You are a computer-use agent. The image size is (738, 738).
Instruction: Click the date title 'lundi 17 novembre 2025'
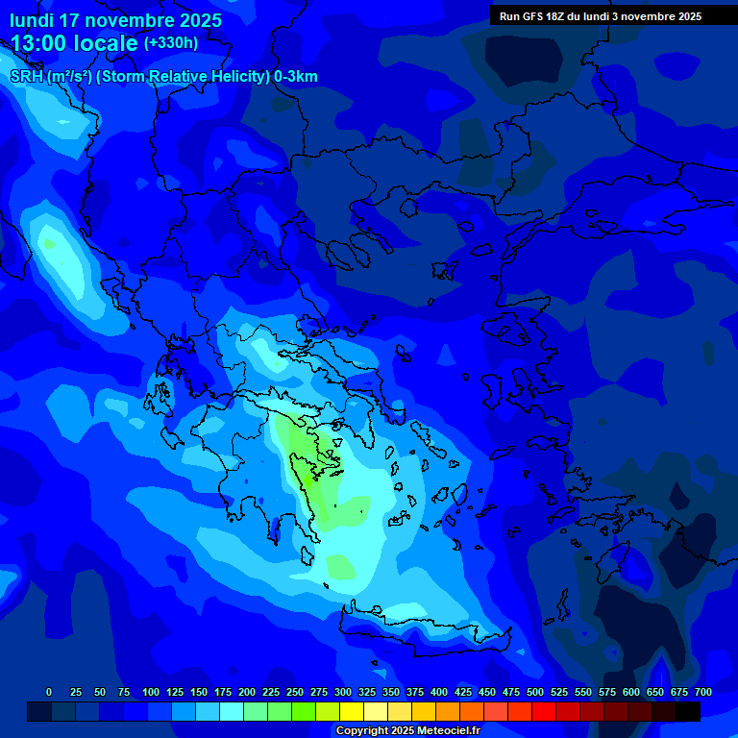pos(115,20)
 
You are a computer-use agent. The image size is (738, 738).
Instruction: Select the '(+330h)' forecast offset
pos(171,43)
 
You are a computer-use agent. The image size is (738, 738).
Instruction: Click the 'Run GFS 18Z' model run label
pos(542,16)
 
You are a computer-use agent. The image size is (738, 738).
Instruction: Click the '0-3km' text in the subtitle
pos(295,77)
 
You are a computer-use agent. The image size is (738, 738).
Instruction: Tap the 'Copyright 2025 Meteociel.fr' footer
pos(407,731)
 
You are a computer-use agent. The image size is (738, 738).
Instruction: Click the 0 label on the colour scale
pos(49,692)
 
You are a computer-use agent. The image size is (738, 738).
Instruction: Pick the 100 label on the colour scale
pos(151,692)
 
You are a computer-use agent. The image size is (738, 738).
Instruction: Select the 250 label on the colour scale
pos(295,692)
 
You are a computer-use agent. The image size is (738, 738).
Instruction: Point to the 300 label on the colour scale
pos(343,692)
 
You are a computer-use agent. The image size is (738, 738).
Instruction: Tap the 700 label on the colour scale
pos(703,692)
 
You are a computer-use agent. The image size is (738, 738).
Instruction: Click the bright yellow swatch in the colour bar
pos(351,712)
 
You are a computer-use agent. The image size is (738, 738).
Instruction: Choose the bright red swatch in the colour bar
pos(543,712)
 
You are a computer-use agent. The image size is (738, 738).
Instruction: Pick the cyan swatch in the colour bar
pos(231,712)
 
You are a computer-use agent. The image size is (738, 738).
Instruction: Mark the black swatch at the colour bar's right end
pos(687,712)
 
